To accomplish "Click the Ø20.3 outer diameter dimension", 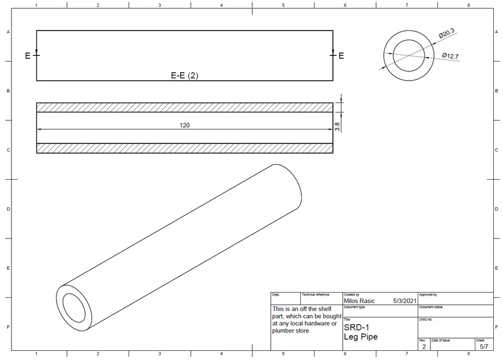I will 447,34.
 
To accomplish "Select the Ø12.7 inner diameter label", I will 450,56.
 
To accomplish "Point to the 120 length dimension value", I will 184,124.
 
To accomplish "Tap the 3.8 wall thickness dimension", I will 338,125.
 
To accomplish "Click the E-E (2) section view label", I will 184,75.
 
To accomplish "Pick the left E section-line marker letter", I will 27,56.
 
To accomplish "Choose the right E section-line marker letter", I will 341,56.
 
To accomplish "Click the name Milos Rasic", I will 359,301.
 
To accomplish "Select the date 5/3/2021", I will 404,301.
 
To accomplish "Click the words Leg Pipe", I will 361,336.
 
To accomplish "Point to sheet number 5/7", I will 483,347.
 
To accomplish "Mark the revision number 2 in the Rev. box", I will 423,347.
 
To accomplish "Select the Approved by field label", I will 428,294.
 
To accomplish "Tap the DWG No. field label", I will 426,319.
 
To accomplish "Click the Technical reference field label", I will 315,294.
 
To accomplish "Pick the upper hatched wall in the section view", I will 184,107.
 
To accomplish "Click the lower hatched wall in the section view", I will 184,149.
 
